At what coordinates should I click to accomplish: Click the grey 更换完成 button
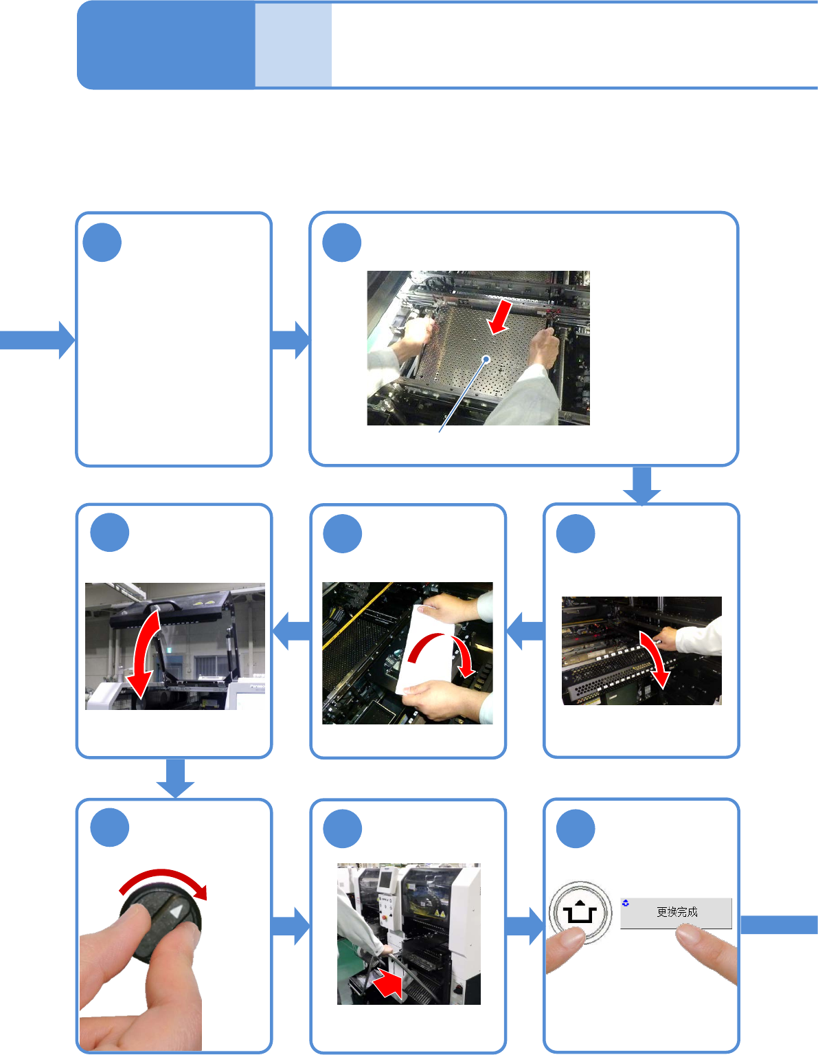click(x=676, y=913)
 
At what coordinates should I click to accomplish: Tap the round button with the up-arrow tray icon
click(x=580, y=913)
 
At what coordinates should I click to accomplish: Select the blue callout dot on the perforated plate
click(x=486, y=359)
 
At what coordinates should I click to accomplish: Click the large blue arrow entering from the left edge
click(x=37, y=340)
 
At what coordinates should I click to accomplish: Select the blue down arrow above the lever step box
click(x=642, y=486)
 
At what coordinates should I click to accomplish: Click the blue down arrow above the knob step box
click(x=175, y=778)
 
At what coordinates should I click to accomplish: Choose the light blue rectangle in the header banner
click(x=293, y=45)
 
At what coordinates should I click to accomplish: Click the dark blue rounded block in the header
click(x=166, y=45)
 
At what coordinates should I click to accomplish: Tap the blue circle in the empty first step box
click(x=102, y=243)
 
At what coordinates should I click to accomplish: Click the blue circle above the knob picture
click(x=110, y=828)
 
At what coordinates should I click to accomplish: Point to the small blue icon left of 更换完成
click(x=626, y=902)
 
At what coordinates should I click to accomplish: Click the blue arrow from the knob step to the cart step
click(x=291, y=926)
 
